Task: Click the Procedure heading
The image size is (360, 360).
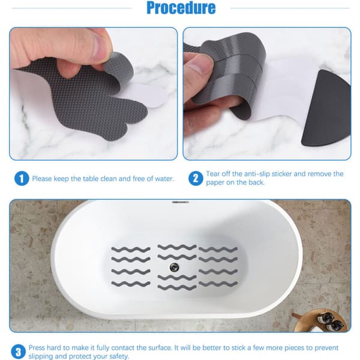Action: (x=181, y=8)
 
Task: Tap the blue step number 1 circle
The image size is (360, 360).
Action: (x=22, y=179)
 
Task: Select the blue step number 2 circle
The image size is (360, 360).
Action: (x=196, y=178)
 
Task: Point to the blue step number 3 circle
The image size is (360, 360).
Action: (x=18, y=352)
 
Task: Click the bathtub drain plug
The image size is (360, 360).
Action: (x=174, y=267)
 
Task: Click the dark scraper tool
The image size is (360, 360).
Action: (x=326, y=109)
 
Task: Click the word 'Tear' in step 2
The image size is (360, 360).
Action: (x=212, y=174)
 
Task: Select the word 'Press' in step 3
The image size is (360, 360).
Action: (x=37, y=347)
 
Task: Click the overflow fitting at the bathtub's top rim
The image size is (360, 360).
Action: (x=181, y=202)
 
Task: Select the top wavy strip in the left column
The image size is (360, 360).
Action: (x=131, y=249)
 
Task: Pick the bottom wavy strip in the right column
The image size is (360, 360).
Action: (x=218, y=284)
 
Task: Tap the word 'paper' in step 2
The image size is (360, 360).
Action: (x=215, y=183)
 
